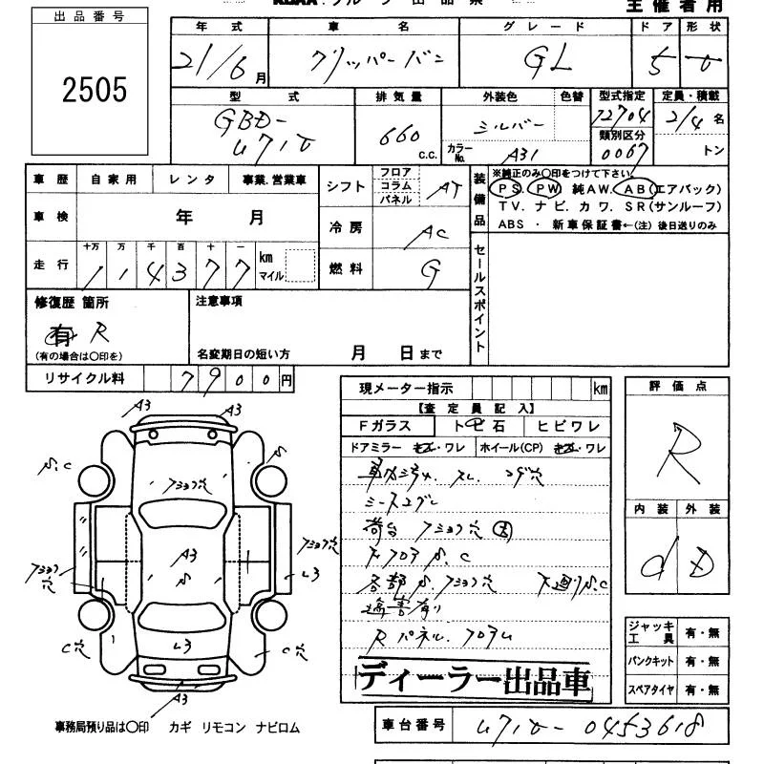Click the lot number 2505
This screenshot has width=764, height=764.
click(95, 91)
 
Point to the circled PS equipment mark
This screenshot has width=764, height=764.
click(505, 188)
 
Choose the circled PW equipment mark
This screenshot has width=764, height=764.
click(541, 188)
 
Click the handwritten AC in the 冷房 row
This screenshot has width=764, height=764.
click(435, 232)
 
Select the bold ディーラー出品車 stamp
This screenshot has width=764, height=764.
click(474, 679)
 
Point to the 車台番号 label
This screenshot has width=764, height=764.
click(410, 725)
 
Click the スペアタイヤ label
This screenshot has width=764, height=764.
click(648, 690)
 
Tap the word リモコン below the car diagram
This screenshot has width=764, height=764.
click(224, 728)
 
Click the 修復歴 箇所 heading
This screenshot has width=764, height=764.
click(72, 303)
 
